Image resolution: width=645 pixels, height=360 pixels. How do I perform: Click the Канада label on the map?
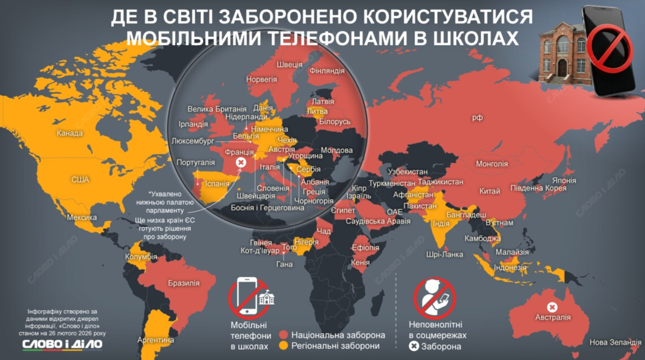tap(70, 133)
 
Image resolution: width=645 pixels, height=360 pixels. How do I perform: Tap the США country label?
tap(80, 179)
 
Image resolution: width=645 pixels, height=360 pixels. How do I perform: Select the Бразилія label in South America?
tap(184, 283)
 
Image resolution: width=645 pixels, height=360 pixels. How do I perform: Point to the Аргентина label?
tap(156, 340)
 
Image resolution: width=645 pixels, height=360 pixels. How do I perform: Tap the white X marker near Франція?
tap(242, 162)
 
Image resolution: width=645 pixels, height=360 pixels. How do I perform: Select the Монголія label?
tap(492, 164)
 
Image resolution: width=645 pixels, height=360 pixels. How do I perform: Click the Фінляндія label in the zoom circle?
tap(326, 70)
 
